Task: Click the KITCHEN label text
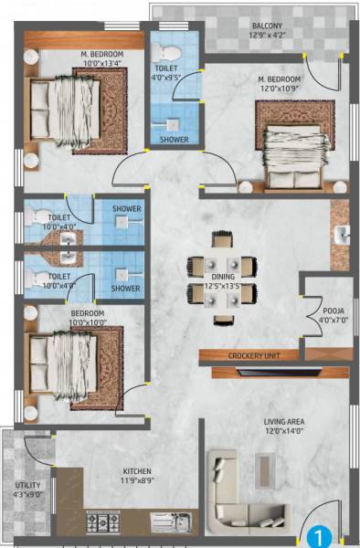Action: pos(138,472)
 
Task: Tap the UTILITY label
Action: pos(26,486)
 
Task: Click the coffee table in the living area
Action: pos(267,469)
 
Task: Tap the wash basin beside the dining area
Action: pos(344,236)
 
